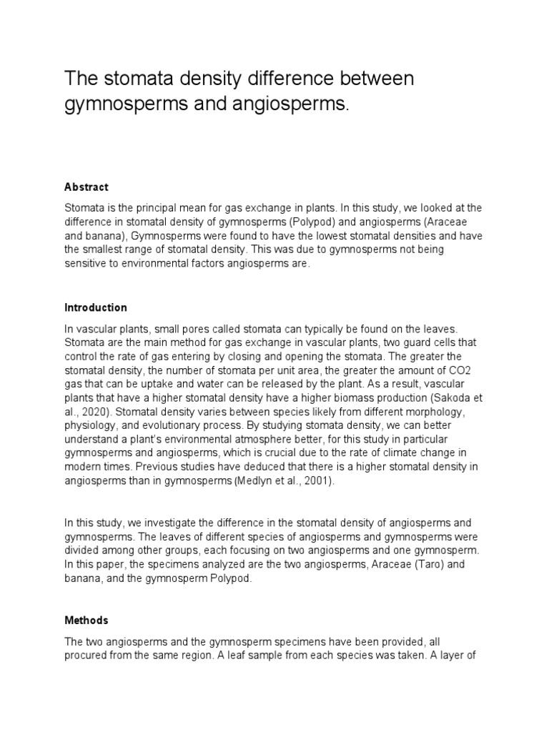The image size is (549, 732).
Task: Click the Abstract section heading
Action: point(86,187)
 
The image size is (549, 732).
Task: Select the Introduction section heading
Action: point(95,307)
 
